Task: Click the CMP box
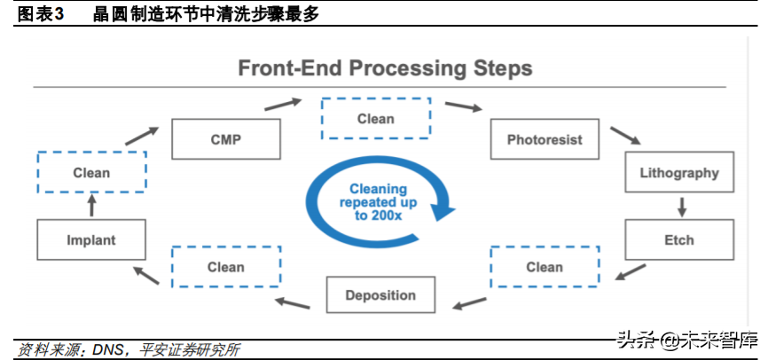[226, 140]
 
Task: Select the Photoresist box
[545, 140]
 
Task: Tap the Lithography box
[679, 173]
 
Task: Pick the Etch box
[679, 239]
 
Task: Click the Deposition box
[380, 295]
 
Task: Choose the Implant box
[91, 239]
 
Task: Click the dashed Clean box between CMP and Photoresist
[375, 118]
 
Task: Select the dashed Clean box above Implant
[91, 173]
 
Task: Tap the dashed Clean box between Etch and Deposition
[544, 266]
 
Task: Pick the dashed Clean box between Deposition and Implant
[225, 266]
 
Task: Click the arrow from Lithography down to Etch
[681, 207]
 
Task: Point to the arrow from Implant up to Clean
[91, 207]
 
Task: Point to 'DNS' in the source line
[106, 350]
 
